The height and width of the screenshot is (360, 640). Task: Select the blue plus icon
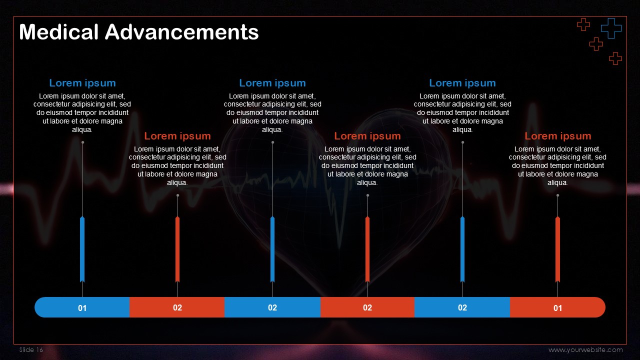click(x=611, y=28)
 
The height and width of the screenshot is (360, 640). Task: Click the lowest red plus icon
click(x=615, y=58)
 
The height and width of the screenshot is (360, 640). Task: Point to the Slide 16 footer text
click(x=31, y=349)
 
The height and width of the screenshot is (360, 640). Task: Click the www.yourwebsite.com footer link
click(x=585, y=349)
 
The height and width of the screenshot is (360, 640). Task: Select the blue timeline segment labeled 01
click(x=82, y=307)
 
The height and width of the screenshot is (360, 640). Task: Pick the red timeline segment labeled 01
click(x=557, y=307)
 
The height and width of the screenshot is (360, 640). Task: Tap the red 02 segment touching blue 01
click(x=177, y=307)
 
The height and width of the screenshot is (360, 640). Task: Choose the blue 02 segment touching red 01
click(x=462, y=307)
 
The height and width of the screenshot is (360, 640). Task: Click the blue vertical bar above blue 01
click(x=82, y=249)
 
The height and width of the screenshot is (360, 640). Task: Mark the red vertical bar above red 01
click(x=557, y=249)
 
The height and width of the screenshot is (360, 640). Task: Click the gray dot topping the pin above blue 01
click(x=82, y=142)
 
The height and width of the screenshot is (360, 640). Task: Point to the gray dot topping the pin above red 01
click(x=557, y=195)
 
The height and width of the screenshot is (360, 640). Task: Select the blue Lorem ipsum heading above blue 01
click(x=82, y=83)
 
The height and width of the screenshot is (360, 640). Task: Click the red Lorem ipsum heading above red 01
click(x=557, y=136)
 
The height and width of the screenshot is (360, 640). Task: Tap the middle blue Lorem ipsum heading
click(x=272, y=83)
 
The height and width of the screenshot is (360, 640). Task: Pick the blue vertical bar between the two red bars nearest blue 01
click(x=272, y=249)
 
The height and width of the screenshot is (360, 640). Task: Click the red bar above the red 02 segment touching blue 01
click(x=177, y=249)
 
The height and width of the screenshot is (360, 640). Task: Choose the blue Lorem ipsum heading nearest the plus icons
click(x=462, y=83)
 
